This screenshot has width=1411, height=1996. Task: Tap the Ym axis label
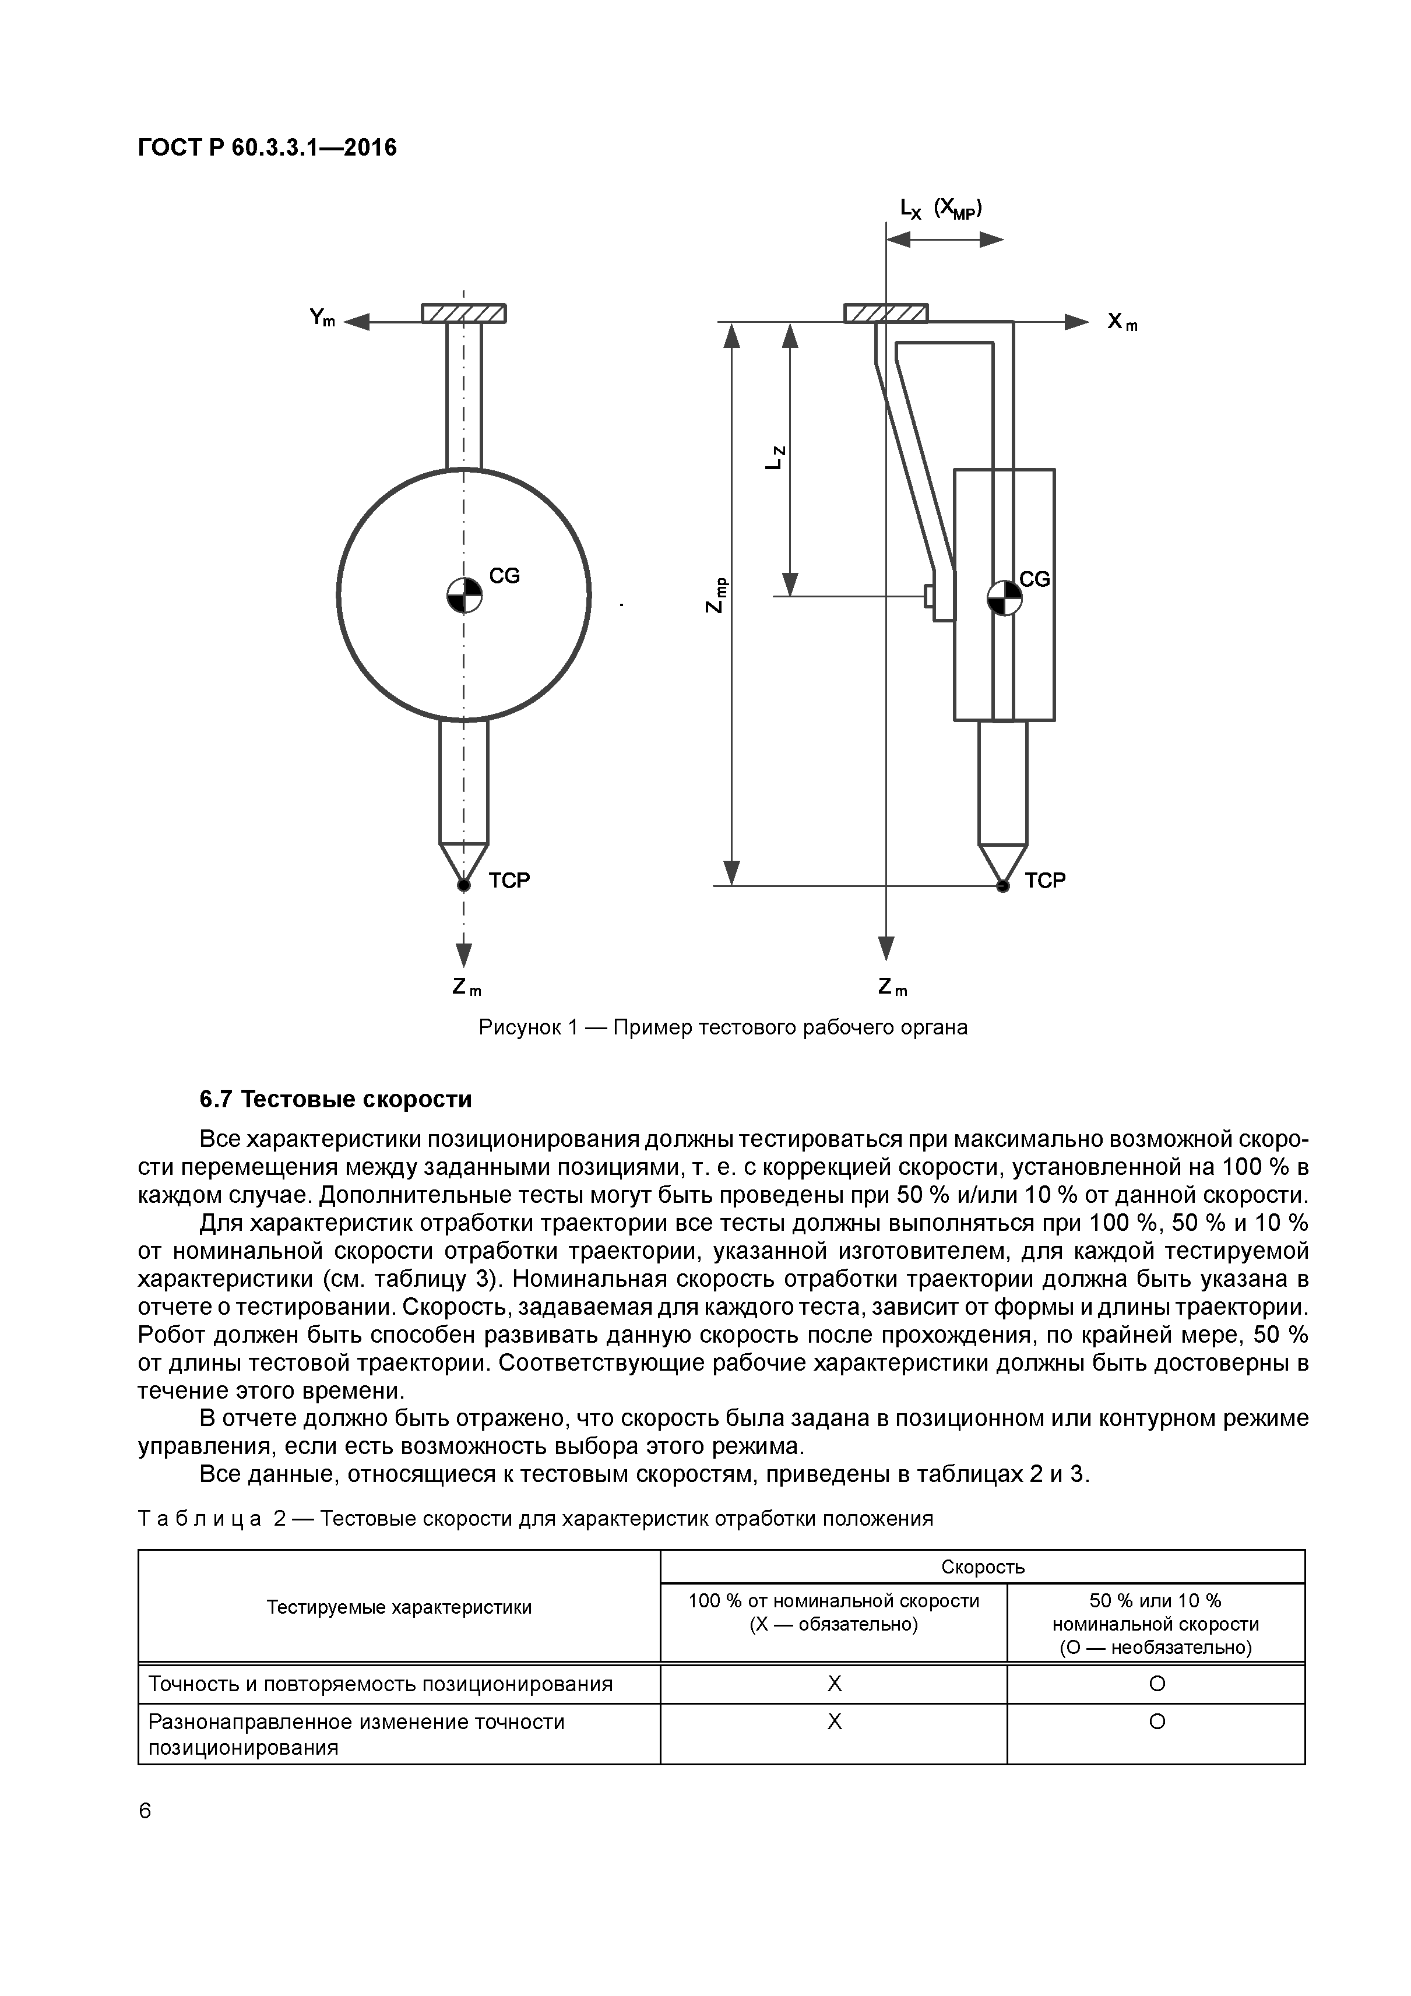coord(322,318)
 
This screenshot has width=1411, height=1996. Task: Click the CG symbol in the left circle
coord(465,596)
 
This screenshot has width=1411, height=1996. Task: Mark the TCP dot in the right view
coord(1002,886)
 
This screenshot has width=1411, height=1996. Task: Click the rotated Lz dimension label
coord(776,457)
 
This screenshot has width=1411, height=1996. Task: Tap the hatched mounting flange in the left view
coord(465,313)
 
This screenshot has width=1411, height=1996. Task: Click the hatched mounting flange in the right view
coord(886,313)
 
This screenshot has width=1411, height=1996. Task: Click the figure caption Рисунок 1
coord(723,1027)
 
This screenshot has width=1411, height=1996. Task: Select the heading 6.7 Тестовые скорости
coord(336,1099)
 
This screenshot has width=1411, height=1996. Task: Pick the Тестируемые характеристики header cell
coord(399,1607)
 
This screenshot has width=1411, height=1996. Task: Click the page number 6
coord(145,1811)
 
